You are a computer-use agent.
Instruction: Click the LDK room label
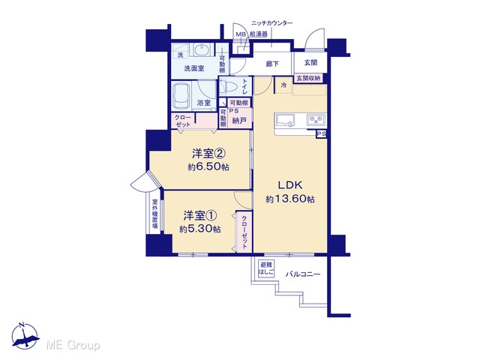[290, 185]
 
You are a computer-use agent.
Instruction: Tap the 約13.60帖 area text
[290, 199]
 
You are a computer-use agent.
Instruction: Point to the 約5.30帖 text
[200, 229]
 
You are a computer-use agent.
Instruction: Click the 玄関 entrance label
[310, 63]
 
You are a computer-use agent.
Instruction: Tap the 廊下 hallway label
[272, 64]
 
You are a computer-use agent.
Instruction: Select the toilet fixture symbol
[229, 86]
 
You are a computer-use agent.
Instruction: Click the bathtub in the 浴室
[181, 96]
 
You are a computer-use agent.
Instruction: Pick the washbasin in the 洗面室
[202, 49]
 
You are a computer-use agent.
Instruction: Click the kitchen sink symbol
[285, 120]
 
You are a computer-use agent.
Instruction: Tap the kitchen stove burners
[316, 119]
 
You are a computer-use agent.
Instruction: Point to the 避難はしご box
[266, 268]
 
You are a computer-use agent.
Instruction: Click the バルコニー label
[303, 274]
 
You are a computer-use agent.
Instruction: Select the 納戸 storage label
[239, 121]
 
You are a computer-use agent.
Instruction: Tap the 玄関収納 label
[308, 78]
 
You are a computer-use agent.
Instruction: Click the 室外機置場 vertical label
[155, 214]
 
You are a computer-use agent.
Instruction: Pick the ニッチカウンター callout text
[271, 23]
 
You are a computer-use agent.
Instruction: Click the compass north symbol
[25, 336]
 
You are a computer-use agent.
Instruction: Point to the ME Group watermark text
[73, 346]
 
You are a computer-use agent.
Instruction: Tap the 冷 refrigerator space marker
[283, 85]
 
